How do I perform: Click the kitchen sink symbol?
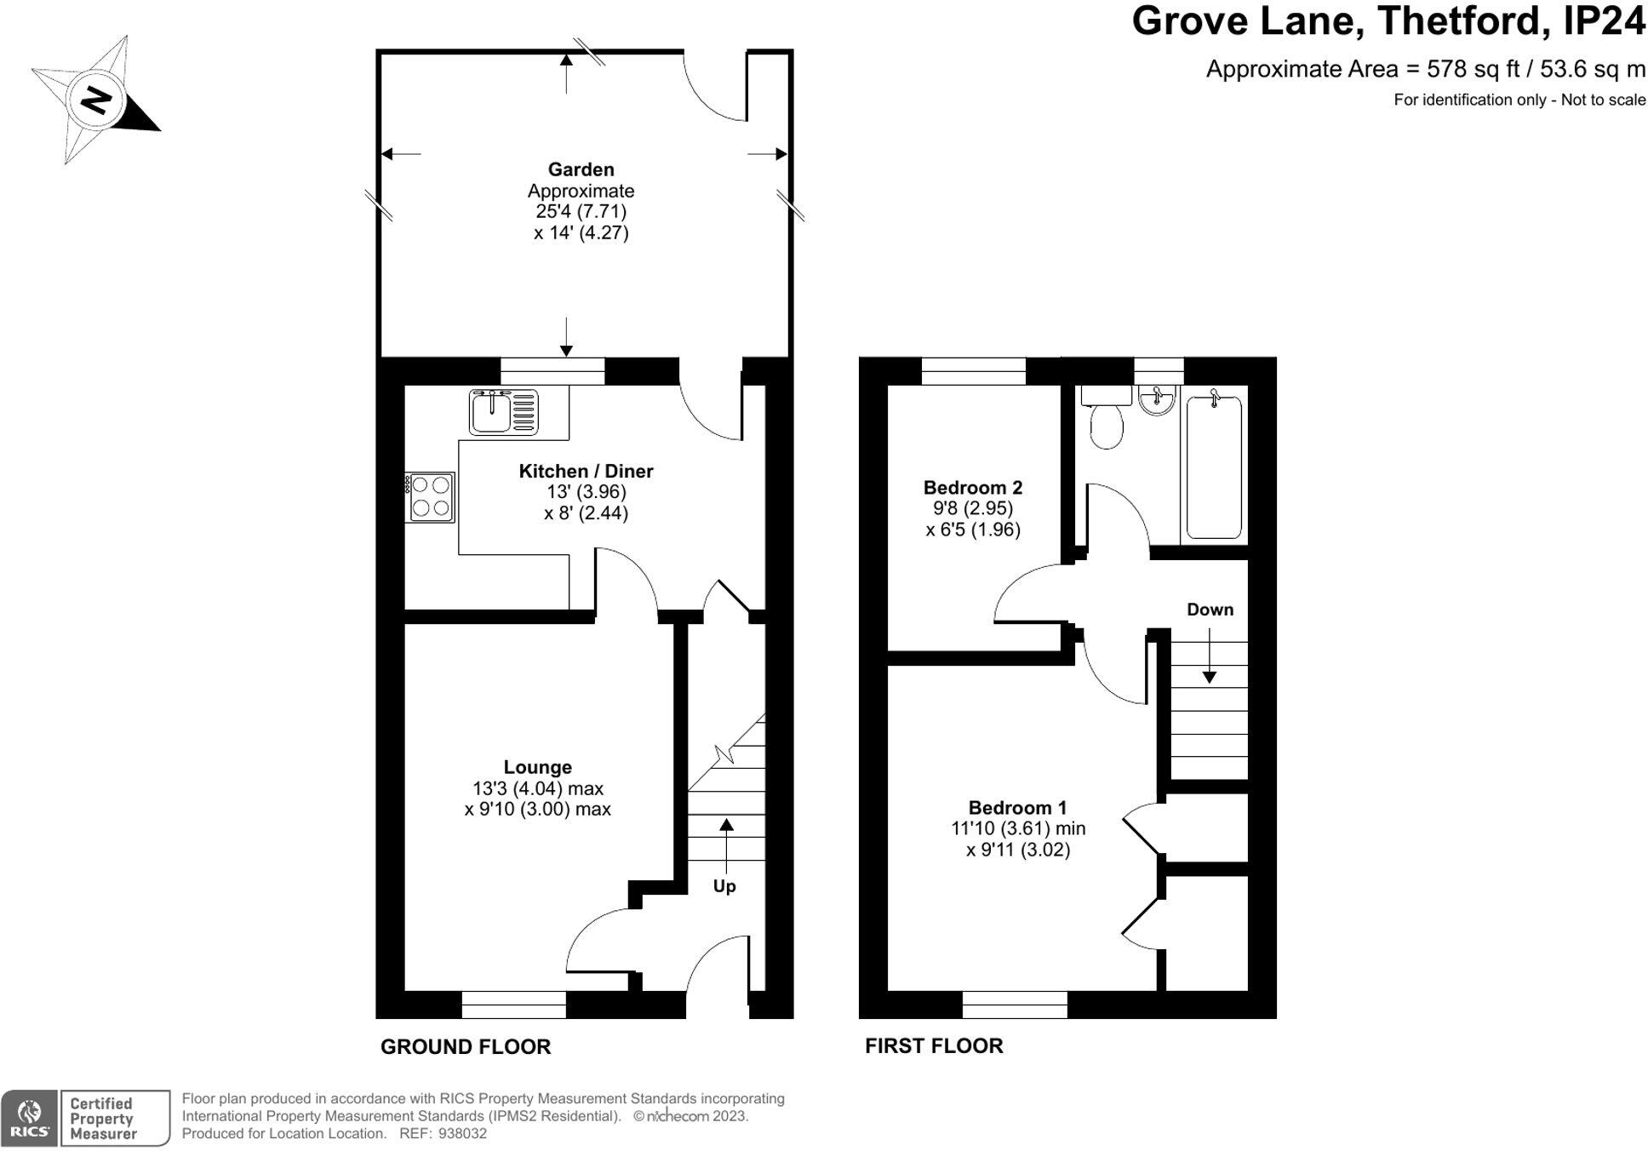click(x=503, y=412)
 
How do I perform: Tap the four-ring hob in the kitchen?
click(x=430, y=497)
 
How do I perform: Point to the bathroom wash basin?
click(x=1157, y=400)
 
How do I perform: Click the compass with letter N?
click(x=95, y=100)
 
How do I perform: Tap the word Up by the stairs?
click(x=724, y=886)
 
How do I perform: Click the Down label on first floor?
click(x=1210, y=610)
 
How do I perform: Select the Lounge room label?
click(x=537, y=767)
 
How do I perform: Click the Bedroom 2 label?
click(x=972, y=488)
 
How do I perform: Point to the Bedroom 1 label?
click(x=1017, y=807)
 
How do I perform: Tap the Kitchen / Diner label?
click(x=586, y=471)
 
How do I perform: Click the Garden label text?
click(x=581, y=169)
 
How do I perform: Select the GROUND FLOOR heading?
click(x=465, y=1046)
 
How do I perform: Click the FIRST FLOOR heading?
click(x=934, y=1045)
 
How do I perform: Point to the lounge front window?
click(x=513, y=1005)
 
